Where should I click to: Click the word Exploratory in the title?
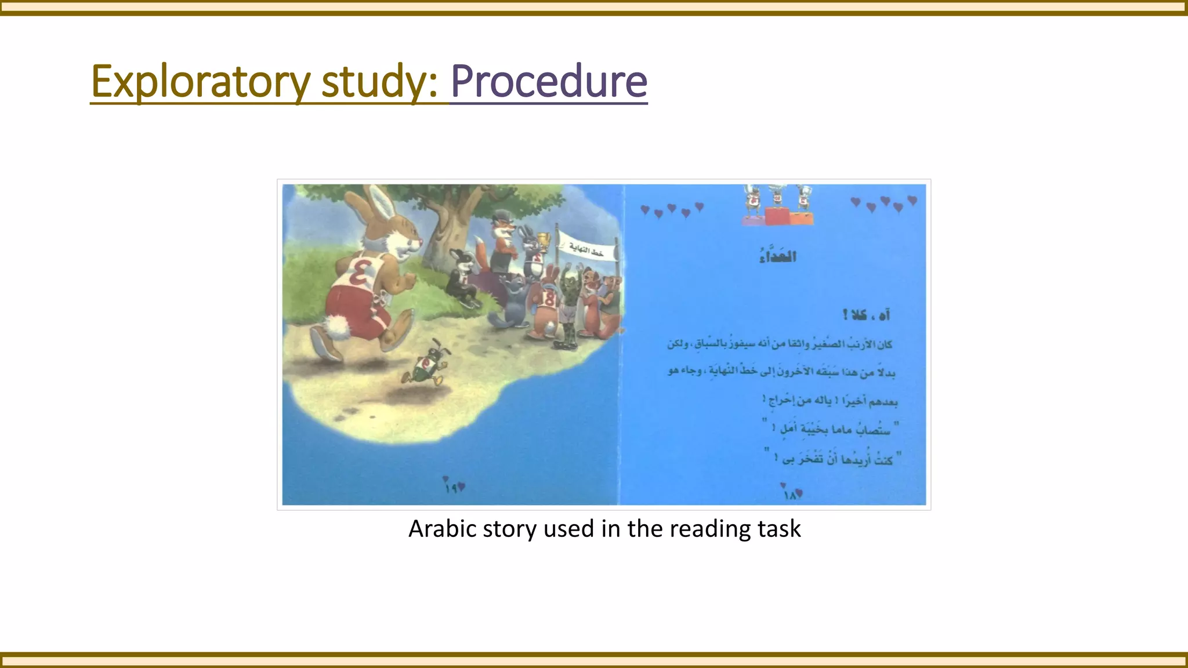point(200,82)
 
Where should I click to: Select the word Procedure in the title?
point(548,82)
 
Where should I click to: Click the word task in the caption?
point(779,529)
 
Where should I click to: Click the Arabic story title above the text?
point(777,256)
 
